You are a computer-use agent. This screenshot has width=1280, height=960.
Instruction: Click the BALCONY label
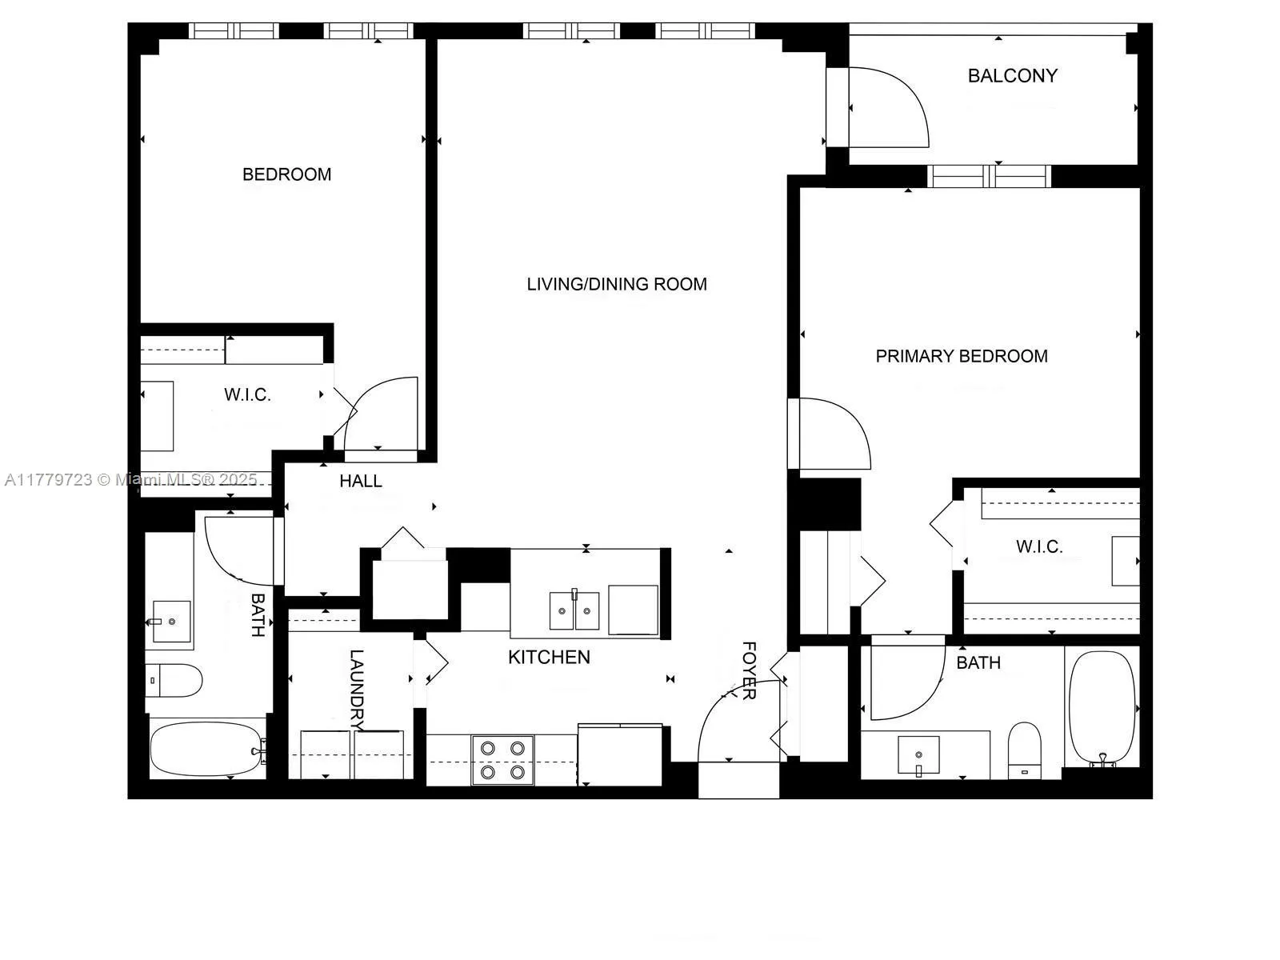[x=1012, y=76]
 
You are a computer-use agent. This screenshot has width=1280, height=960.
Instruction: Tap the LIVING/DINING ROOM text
[x=617, y=284]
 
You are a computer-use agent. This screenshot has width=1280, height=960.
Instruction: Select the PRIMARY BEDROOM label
[x=961, y=356]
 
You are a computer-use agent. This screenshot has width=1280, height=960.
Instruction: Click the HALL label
[x=360, y=481]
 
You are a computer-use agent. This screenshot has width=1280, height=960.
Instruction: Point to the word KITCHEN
[x=549, y=657]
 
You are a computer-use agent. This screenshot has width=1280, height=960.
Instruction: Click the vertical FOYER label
[x=749, y=670]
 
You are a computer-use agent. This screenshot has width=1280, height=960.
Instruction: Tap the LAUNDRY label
[x=357, y=690]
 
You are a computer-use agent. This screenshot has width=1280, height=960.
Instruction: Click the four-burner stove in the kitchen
[x=502, y=760]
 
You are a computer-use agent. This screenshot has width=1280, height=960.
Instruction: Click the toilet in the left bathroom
[x=174, y=680]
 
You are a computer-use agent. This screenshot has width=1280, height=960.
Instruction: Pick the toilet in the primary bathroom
[x=1024, y=748]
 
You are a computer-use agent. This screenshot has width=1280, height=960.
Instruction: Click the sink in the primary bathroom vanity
[x=918, y=754]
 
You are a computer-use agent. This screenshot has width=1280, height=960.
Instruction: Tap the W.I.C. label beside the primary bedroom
[x=1039, y=547]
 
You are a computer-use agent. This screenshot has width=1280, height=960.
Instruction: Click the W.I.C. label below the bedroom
[x=247, y=394]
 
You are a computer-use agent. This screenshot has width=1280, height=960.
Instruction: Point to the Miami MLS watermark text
[x=131, y=480]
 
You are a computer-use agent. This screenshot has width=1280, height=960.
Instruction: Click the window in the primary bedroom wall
[x=989, y=175]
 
